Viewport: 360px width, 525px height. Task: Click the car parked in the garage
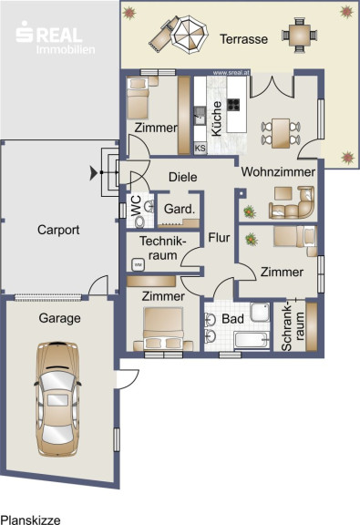pyautogui.click(x=58, y=399)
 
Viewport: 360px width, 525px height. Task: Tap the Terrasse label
pyautogui.click(x=243, y=39)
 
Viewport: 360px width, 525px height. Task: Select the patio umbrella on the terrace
pyautogui.click(x=190, y=34)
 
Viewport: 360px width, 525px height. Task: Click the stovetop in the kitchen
pyautogui.click(x=233, y=105)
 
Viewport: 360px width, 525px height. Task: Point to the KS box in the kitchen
pyautogui.click(x=201, y=148)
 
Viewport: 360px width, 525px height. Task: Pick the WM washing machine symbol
pyautogui.click(x=138, y=265)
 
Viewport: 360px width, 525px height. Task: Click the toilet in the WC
pyautogui.click(x=139, y=221)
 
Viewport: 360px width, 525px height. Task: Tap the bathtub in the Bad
pyautogui.click(x=252, y=340)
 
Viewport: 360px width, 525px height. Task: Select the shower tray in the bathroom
pyautogui.click(x=260, y=312)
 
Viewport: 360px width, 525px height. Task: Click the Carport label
pyautogui.click(x=58, y=230)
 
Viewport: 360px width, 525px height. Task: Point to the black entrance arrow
pyautogui.click(x=94, y=173)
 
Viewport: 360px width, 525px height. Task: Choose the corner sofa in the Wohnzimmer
pyautogui.click(x=292, y=203)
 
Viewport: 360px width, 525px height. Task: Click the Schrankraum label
pyautogui.click(x=293, y=327)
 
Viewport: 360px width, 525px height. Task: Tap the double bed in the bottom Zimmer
pyautogui.click(x=163, y=329)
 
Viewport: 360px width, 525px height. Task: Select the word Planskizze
pyautogui.click(x=30, y=520)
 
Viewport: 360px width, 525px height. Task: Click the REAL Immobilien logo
pyautogui.click(x=56, y=37)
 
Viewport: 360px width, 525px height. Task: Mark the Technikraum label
pyautogui.click(x=163, y=248)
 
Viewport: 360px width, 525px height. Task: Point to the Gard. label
pyautogui.click(x=180, y=210)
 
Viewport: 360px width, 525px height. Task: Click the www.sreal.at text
pyautogui.click(x=231, y=73)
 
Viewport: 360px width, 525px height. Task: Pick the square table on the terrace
pyautogui.click(x=299, y=35)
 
